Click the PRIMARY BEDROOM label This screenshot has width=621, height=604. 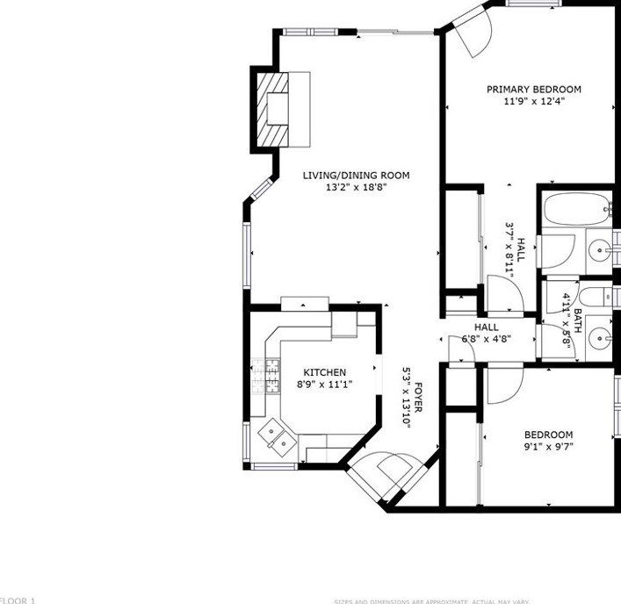(533, 89)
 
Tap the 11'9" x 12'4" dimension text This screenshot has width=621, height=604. (533, 101)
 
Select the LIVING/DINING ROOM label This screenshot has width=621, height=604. (356, 176)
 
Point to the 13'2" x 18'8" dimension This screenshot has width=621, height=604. (356, 187)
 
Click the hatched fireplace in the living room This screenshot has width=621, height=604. (273, 108)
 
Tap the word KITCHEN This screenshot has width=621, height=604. (324, 372)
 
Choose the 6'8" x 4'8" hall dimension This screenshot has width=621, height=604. (486, 339)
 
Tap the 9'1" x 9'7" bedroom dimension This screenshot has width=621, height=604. (548, 447)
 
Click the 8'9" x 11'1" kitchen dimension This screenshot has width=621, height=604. (324, 384)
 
